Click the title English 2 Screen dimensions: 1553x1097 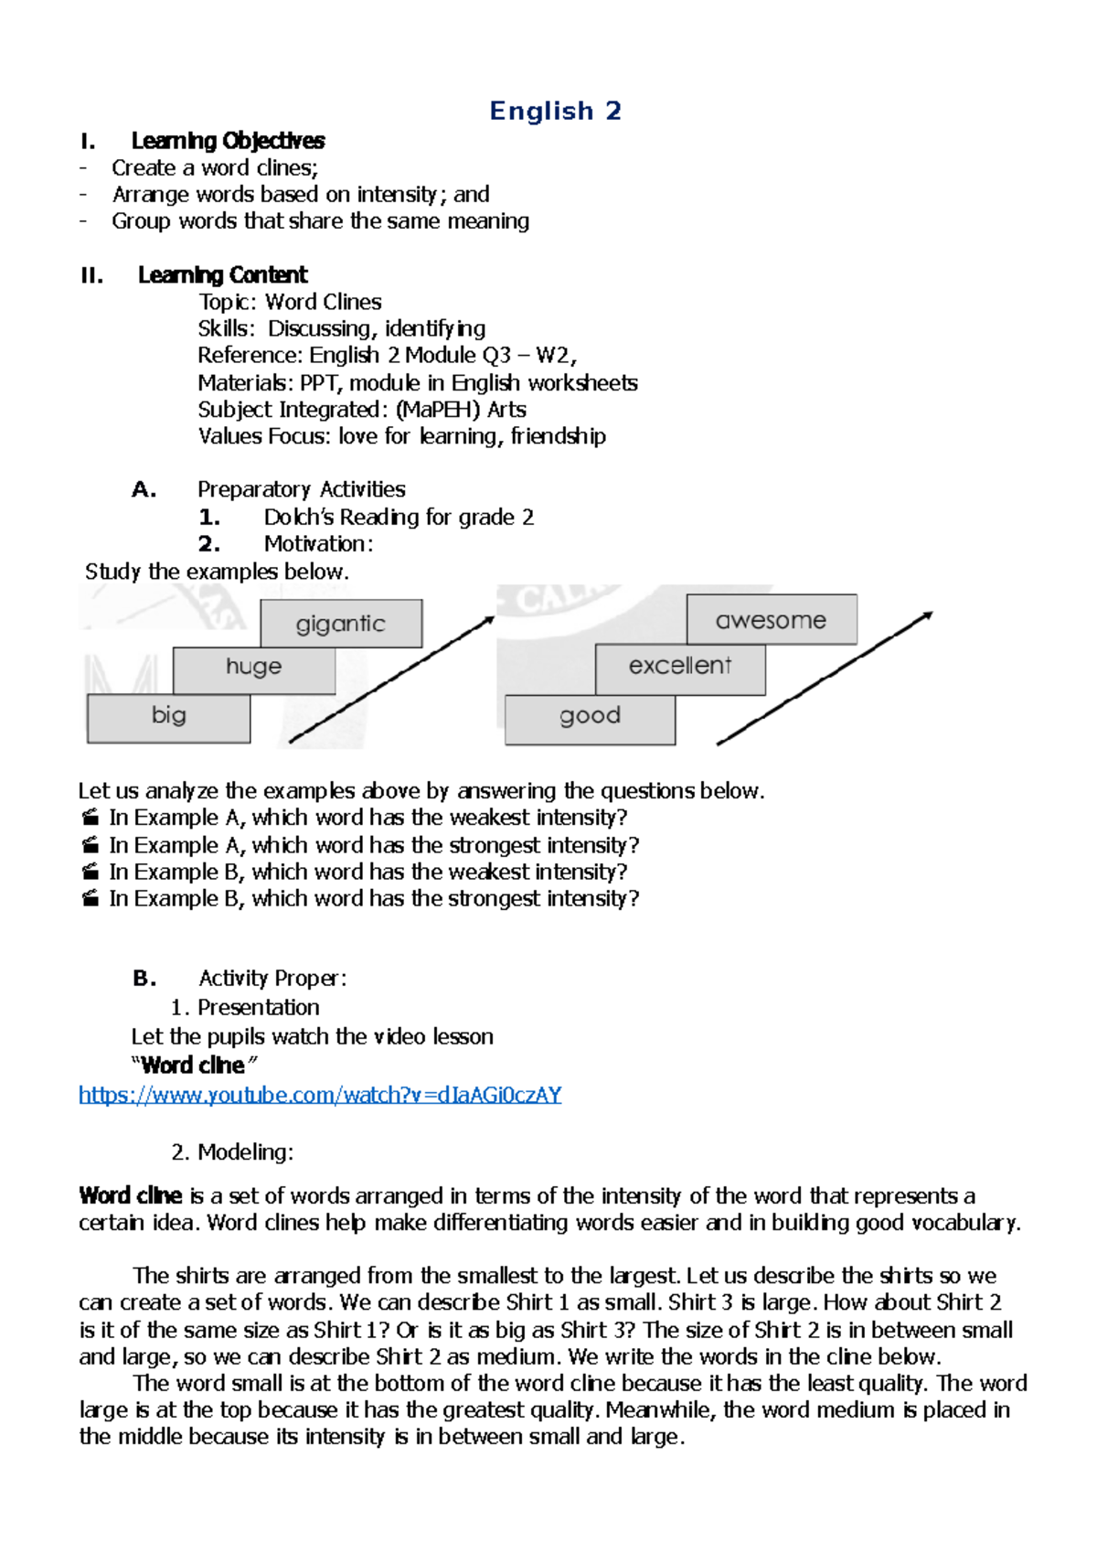coord(555,112)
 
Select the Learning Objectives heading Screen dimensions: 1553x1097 coord(228,141)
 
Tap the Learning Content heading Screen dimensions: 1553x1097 coord(222,275)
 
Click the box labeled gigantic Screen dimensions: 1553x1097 coord(341,624)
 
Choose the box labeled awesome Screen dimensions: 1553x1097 coord(771,620)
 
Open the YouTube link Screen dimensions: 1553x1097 coord(320,1095)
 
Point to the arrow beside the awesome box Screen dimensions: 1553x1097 coord(825,677)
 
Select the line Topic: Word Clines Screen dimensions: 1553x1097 coord(290,303)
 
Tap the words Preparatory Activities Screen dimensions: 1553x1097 coord(302,490)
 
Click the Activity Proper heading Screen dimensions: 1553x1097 coord(272,979)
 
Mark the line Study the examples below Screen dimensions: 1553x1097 coord(217,573)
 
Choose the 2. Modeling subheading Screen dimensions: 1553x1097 coord(232,1152)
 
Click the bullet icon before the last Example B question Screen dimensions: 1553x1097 coord(90,899)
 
